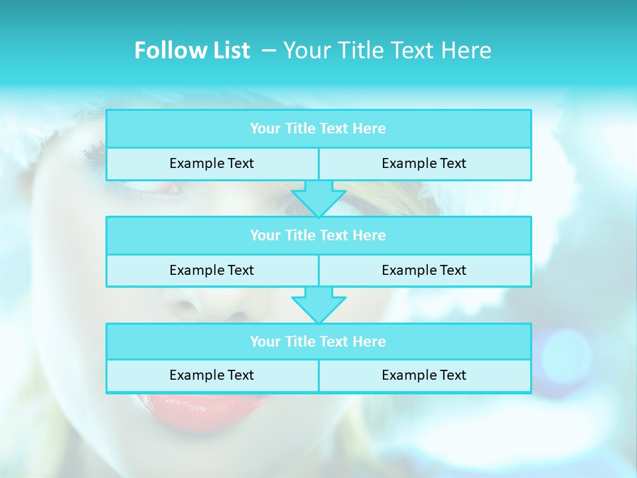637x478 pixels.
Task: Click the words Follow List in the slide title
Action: point(192,50)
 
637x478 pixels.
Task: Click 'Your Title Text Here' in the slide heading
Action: point(388,50)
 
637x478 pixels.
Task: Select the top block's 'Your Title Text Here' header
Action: point(318,129)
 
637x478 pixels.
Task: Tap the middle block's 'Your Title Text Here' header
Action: point(318,235)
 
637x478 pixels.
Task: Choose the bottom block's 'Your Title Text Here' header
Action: point(318,341)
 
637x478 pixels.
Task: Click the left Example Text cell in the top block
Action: point(212,163)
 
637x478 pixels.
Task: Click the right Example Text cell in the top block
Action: point(424,163)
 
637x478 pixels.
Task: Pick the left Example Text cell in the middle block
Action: point(212,270)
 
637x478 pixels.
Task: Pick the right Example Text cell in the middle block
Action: point(424,270)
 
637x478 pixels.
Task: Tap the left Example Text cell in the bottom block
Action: point(212,375)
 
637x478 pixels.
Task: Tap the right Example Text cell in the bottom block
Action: point(424,375)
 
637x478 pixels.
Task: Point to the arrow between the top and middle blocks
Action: point(318,199)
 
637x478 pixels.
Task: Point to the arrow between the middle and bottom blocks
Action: point(318,305)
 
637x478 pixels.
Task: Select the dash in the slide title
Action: point(269,50)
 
